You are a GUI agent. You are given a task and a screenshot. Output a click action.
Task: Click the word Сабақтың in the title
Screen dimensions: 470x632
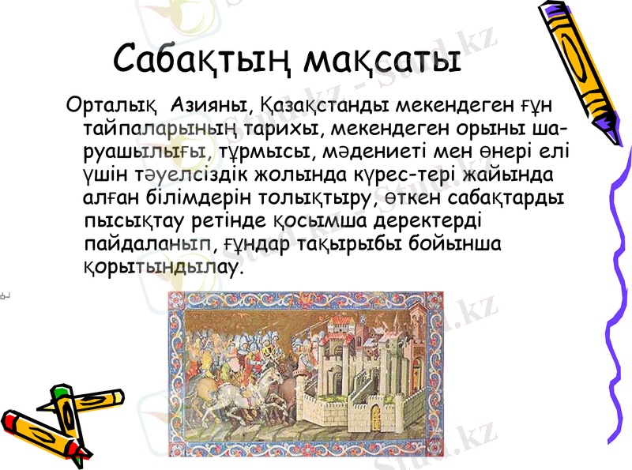click(x=202, y=58)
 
